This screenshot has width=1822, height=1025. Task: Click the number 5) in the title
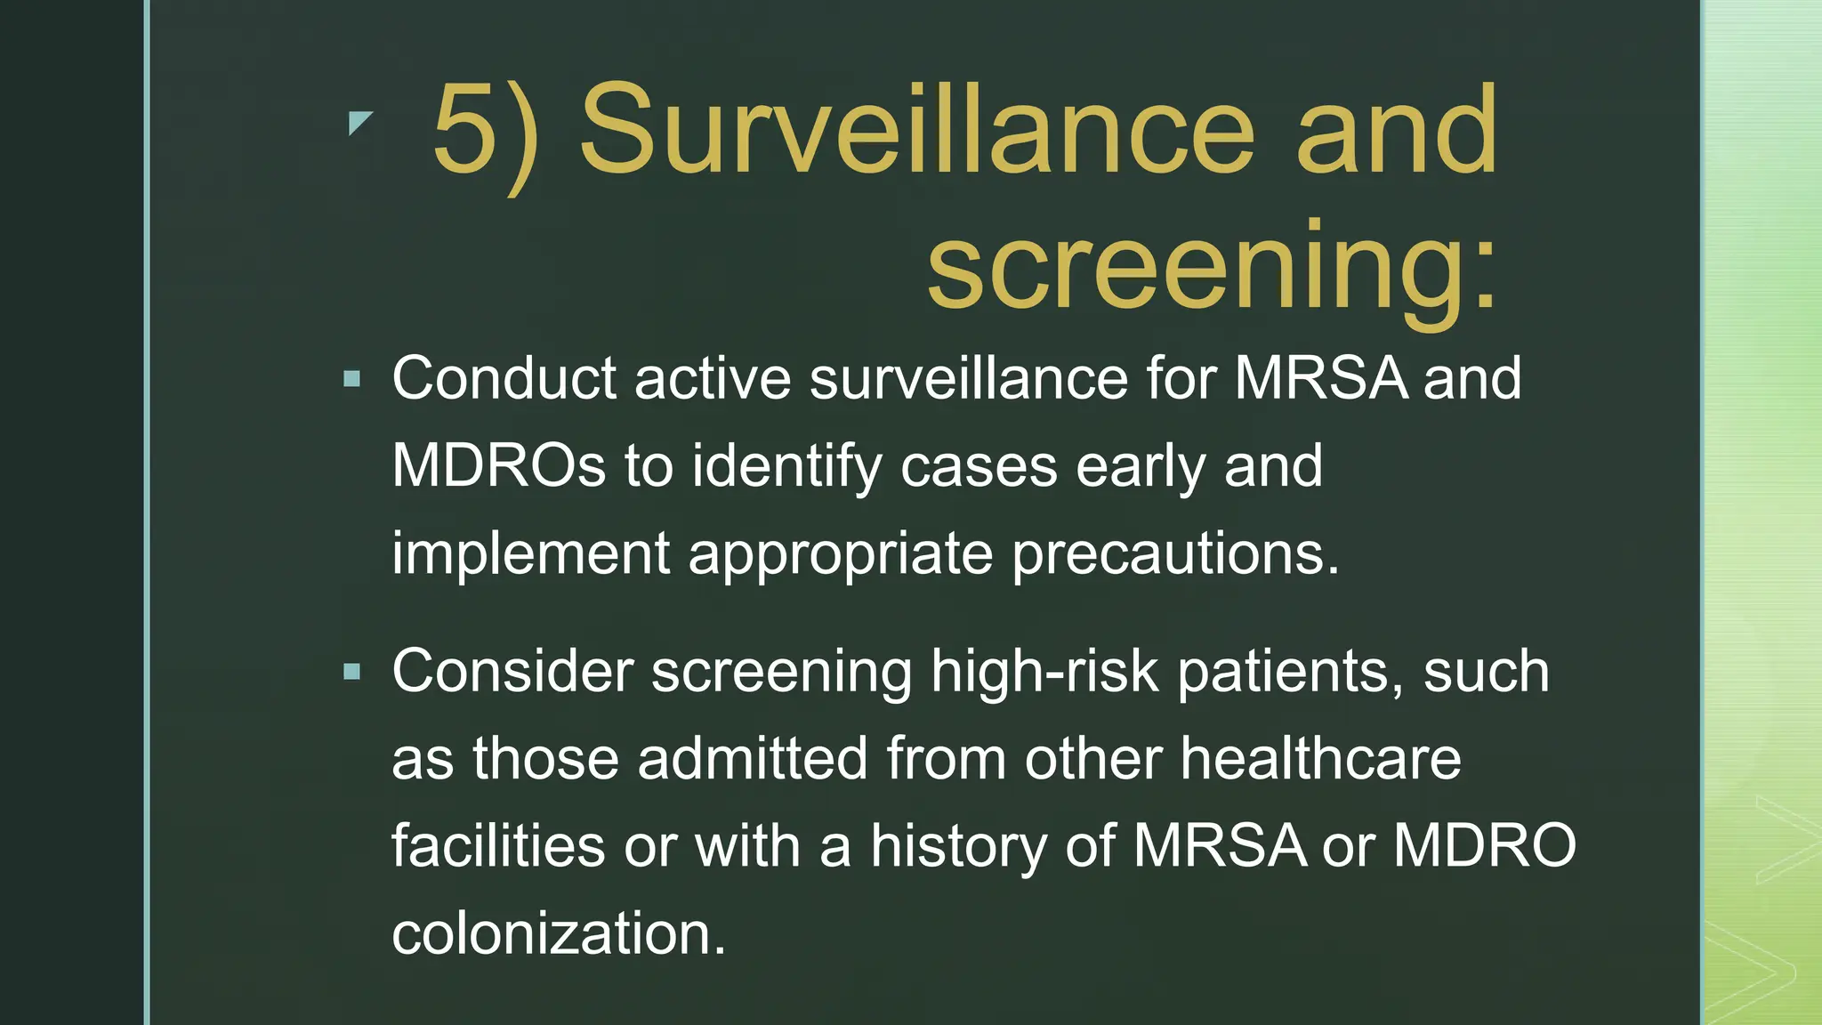point(486,133)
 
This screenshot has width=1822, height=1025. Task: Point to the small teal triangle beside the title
point(359,123)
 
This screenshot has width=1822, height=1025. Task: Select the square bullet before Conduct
point(352,380)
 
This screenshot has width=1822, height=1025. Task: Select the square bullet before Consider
point(352,672)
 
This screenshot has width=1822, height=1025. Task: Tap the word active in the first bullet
point(712,378)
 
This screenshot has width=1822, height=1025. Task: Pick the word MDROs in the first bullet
point(499,465)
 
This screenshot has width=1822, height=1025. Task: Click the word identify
point(786,467)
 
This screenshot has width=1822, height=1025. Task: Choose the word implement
point(530,554)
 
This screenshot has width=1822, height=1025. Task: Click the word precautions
point(1174,554)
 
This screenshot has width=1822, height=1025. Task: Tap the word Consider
point(512,671)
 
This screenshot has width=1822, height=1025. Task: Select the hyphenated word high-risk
point(1044,671)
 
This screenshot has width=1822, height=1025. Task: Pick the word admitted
point(752,758)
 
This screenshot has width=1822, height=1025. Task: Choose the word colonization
point(559,933)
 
